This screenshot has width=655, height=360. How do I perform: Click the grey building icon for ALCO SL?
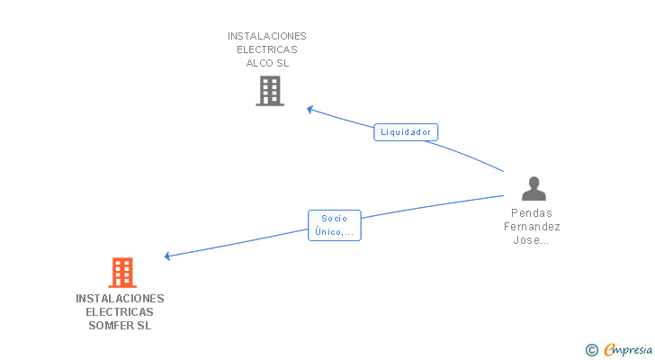click(269, 91)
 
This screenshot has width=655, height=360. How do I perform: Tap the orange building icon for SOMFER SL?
click(121, 272)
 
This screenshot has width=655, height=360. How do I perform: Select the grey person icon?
click(534, 188)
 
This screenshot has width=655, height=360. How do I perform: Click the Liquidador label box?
click(406, 132)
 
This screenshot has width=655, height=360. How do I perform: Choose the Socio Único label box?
click(334, 225)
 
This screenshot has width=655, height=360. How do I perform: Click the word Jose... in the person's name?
click(532, 240)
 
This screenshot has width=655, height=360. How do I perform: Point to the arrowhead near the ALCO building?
click(310, 110)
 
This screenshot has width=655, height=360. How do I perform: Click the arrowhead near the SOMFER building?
click(167, 256)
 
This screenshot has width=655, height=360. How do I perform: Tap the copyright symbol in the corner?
click(591, 350)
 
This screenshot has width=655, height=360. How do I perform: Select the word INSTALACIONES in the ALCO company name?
click(267, 36)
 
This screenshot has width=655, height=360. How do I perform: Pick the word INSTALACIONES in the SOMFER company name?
click(120, 298)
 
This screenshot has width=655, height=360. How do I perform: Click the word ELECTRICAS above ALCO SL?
click(267, 49)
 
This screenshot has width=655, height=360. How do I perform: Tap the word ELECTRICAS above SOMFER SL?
click(120, 312)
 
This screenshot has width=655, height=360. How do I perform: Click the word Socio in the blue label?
click(334, 219)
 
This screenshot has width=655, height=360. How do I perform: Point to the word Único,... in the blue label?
click(334, 232)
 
